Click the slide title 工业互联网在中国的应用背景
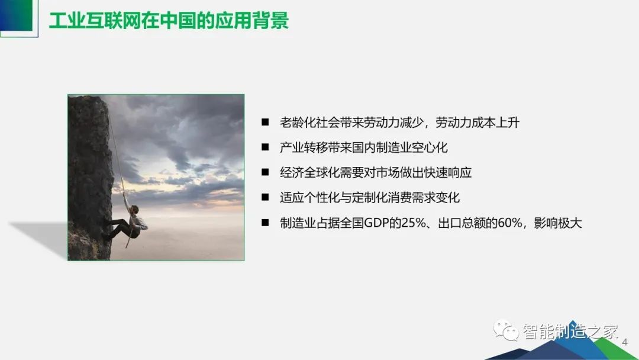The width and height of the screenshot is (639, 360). [169, 20]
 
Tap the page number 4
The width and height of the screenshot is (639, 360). [625, 342]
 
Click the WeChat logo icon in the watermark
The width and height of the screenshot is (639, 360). [506, 330]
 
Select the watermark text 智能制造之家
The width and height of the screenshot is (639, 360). [570, 331]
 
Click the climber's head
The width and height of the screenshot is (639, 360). [135, 210]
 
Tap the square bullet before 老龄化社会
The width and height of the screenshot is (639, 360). [265, 122]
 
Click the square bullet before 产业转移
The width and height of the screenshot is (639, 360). [265, 147]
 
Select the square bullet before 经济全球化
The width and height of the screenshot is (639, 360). [265, 172]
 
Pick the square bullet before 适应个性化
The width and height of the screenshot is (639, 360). [265, 197]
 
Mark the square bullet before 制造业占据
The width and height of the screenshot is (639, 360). [265, 223]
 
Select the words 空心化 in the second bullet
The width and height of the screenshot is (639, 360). [430, 147]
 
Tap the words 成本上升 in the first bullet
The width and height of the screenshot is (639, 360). [496, 123]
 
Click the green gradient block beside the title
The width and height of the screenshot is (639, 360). [17, 15]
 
